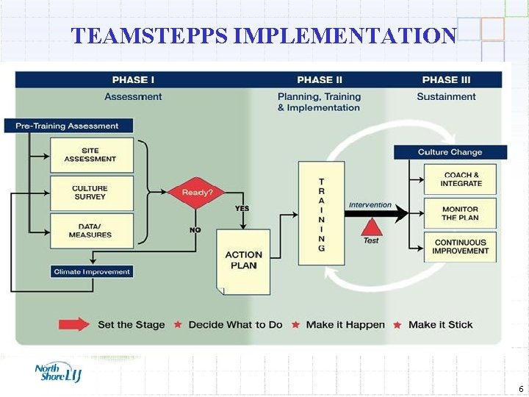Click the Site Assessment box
tap(92, 155)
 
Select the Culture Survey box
tap(92, 193)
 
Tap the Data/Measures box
tap(92, 231)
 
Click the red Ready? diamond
tap(197, 193)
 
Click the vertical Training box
tap(321, 213)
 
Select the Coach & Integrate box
tap(461, 179)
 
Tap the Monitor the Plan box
tap(461, 213)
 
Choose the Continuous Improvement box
tap(461, 247)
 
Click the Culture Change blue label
tap(450, 152)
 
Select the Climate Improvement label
tap(92, 272)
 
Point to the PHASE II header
tap(320, 79)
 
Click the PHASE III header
tap(446, 79)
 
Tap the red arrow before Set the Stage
tap(74, 324)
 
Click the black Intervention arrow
tap(376, 214)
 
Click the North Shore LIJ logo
tap(58, 373)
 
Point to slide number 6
tap(520, 389)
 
